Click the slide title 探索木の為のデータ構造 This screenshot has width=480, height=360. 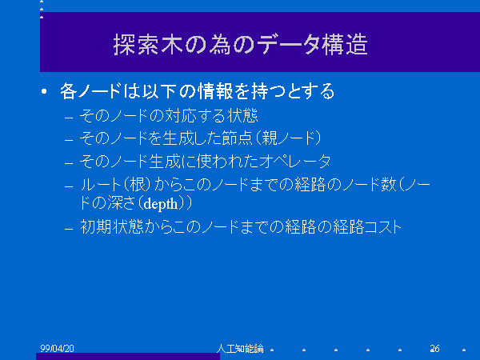click(240, 45)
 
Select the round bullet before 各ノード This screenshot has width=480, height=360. click(44, 91)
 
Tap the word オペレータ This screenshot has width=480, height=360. click(294, 161)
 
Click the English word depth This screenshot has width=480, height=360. click(161, 204)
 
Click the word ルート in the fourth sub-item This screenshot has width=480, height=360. click(101, 185)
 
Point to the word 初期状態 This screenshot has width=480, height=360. click(112, 227)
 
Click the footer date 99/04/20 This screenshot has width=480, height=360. click(57, 348)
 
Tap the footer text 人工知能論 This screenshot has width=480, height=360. click(240, 348)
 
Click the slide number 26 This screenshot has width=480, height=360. click(434, 348)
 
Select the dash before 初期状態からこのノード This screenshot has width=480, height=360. click(69, 229)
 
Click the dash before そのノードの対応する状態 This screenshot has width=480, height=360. click(69, 118)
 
